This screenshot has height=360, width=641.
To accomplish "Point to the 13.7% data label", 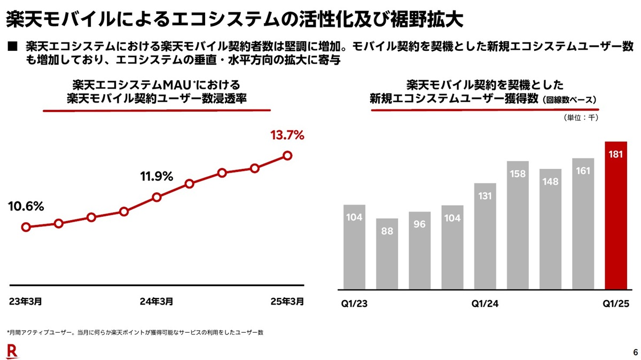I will click(287, 135).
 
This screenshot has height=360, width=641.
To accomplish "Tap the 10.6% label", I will click(26, 206).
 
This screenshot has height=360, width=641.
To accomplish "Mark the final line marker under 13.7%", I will click(287, 155).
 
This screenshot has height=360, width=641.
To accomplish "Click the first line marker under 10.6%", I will click(26, 227).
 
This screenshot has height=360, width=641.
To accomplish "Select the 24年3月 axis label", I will click(156, 301).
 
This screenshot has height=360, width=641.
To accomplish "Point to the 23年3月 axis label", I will click(26, 301).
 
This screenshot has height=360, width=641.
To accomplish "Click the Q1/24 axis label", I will click(485, 303).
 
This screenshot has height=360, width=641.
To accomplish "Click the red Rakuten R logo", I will click(12, 350).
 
